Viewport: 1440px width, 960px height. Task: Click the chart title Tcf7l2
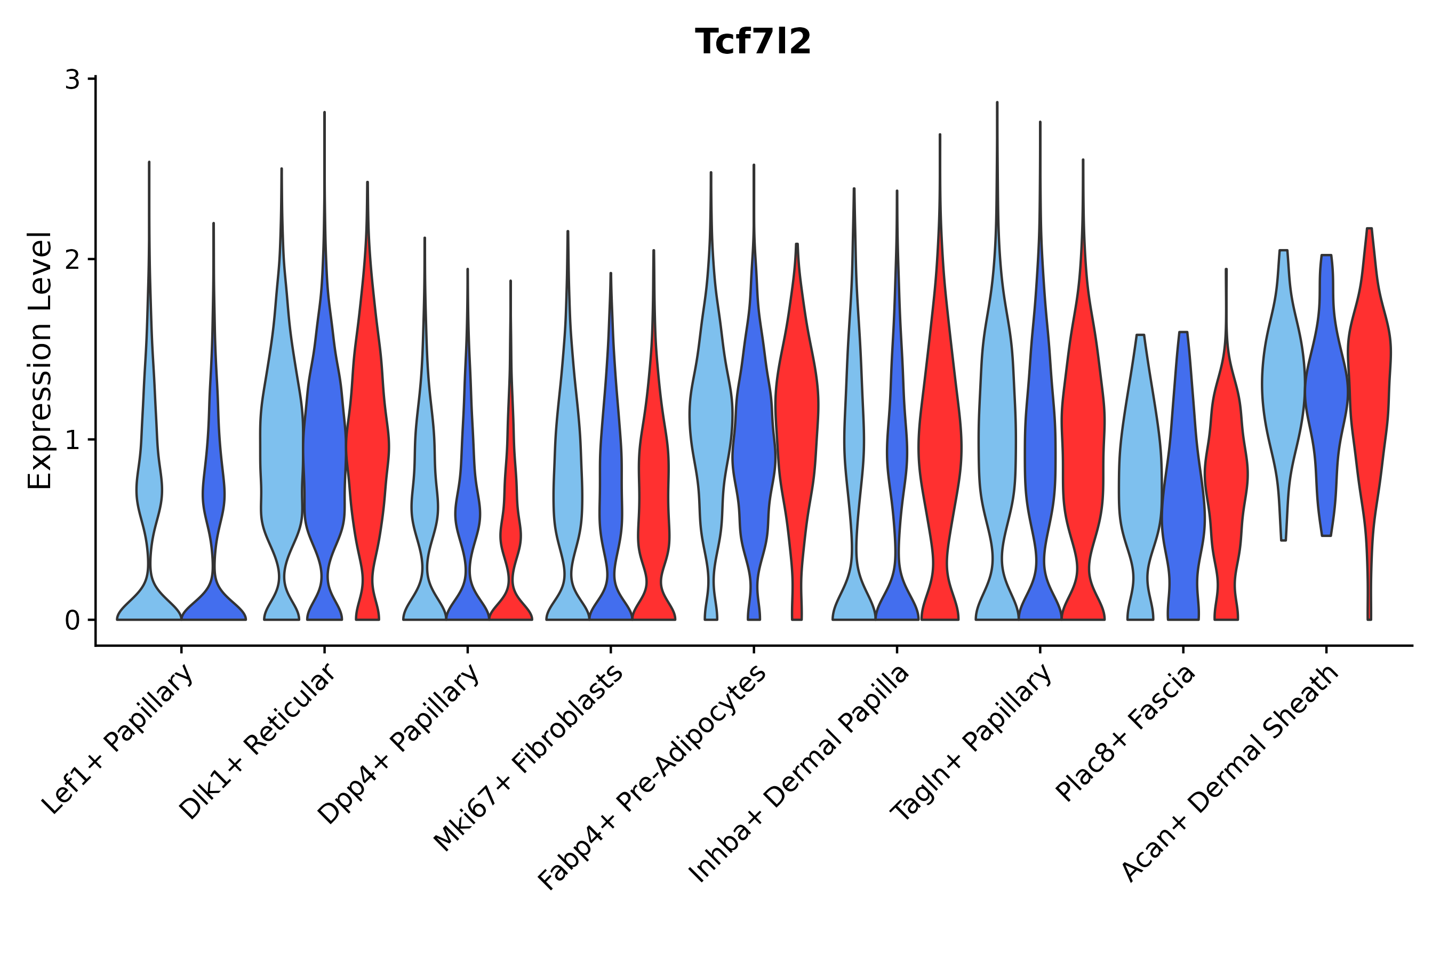(753, 42)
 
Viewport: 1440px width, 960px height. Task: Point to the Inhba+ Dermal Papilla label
(799, 774)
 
